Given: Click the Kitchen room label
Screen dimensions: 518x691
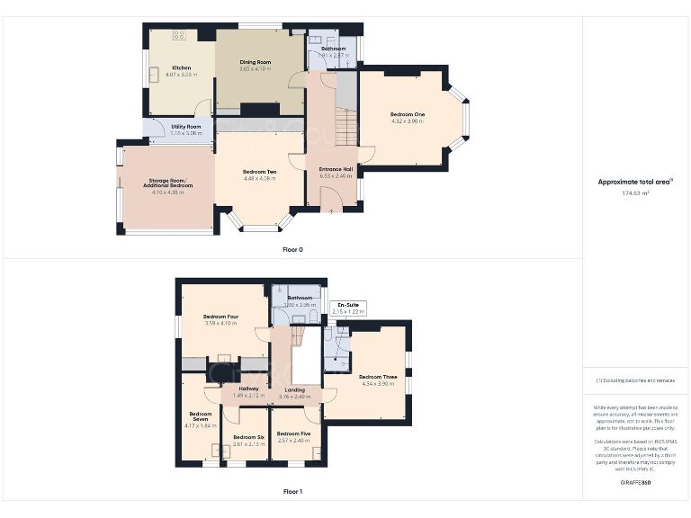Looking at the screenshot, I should (x=182, y=67).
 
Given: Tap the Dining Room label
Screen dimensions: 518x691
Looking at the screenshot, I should (x=255, y=61).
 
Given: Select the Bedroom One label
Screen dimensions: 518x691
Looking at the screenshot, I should (x=407, y=114).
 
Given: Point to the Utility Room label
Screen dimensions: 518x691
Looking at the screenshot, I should (x=185, y=127).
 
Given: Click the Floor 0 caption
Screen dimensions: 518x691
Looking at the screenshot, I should (x=292, y=249).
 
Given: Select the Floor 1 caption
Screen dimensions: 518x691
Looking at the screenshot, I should (x=292, y=492).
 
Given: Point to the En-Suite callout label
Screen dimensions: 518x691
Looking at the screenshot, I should (x=348, y=306).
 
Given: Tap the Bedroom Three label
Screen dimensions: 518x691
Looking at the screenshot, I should (x=378, y=377).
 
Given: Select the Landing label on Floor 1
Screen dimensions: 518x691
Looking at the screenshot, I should (x=294, y=388).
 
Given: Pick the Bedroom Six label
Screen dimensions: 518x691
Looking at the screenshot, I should (x=247, y=436).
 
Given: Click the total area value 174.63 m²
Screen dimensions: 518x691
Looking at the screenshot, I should (x=635, y=192).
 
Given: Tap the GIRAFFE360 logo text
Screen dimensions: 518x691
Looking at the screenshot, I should (x=635, y=484).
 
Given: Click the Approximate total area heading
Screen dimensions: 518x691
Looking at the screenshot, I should (x=635, y=182).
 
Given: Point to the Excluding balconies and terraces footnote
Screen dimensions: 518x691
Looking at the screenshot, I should (x=635, y=380).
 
